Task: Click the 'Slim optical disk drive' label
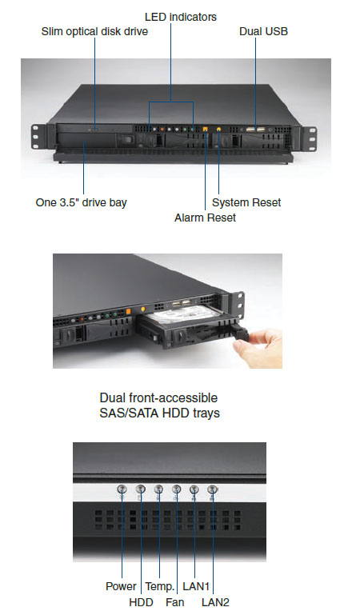point(94,31)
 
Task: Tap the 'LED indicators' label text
point(180,17)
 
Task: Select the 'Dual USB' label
point(263,31)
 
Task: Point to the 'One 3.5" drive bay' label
point(81,202)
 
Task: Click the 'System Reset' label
point(246,202)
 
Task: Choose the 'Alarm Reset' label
point(205,218)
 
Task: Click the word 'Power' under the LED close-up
point(121,586)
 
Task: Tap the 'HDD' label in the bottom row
point(141,602)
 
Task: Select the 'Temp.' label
point(160,586)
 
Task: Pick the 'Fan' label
point(174,602)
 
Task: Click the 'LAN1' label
point(196,586)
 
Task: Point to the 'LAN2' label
point(215,602)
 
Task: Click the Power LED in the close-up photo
point(122,489)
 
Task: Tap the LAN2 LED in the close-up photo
point(213,489)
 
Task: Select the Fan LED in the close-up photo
point(177,489)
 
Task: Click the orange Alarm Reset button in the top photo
point(205,129)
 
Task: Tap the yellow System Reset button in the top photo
point(218,128)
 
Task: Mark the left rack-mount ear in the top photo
point(38,137)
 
